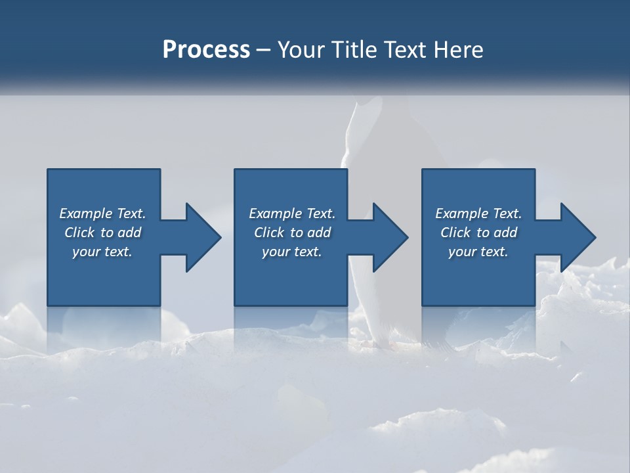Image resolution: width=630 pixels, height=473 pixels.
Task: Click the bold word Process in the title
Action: (206, 50)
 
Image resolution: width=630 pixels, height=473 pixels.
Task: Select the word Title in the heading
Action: (352, 50)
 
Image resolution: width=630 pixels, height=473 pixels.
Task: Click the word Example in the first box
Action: (86, 214)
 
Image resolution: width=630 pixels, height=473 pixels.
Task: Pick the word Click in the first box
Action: (80, 233)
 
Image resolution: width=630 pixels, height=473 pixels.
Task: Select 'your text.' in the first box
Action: (102, 252)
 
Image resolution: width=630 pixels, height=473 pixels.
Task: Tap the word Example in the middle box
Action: (276, 214)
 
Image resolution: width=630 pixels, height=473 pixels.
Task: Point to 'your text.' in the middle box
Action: (292, 252)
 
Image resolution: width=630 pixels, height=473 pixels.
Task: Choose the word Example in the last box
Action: (462, 214)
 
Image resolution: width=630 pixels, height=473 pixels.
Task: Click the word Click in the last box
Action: (456, 233)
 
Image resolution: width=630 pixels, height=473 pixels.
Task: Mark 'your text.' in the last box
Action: (478, 252)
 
